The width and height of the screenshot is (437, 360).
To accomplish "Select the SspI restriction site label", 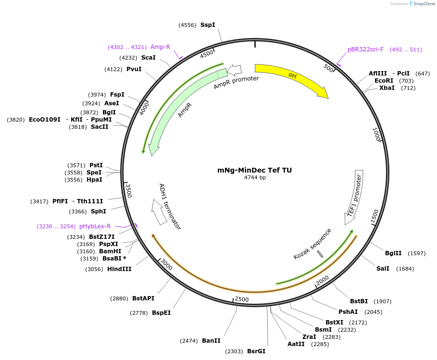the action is click(x=208, y=25).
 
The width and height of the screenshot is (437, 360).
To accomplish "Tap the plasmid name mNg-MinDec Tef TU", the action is click(x=254, y=170).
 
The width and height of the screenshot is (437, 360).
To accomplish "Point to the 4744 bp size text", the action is click(x=255, y=177).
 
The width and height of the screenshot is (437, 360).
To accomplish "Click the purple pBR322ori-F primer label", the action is click(x=365, y=50).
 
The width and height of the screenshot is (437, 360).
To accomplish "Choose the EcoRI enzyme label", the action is click(x=384, y=81).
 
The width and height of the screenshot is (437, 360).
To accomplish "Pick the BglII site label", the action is click(x=393, y=253).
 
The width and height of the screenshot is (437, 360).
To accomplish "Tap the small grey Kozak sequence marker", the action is click(x=320, y=254).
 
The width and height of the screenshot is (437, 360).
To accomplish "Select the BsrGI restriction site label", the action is click(x=256, y=351).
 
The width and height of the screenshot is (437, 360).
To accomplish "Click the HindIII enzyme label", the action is click(x=119, y=269).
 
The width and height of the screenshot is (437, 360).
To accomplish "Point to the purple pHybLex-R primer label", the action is click(x=95, y=226).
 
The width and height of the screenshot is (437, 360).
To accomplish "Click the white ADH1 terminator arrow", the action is click(x=158, y=212).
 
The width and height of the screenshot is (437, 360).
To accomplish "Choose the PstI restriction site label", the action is click(x=96, y=165).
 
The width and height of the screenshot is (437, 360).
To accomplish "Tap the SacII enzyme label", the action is click(x=100, y=127).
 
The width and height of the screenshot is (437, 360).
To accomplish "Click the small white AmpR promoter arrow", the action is click(x=234, y=70).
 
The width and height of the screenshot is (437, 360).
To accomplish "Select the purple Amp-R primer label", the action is click(x=160, y=47).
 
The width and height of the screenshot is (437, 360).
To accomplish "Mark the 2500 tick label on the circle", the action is click(x=241, y=299).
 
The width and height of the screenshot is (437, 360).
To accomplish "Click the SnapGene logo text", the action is click(x=424, y=4).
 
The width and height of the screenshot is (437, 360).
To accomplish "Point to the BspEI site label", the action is click(x=161, y=312).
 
